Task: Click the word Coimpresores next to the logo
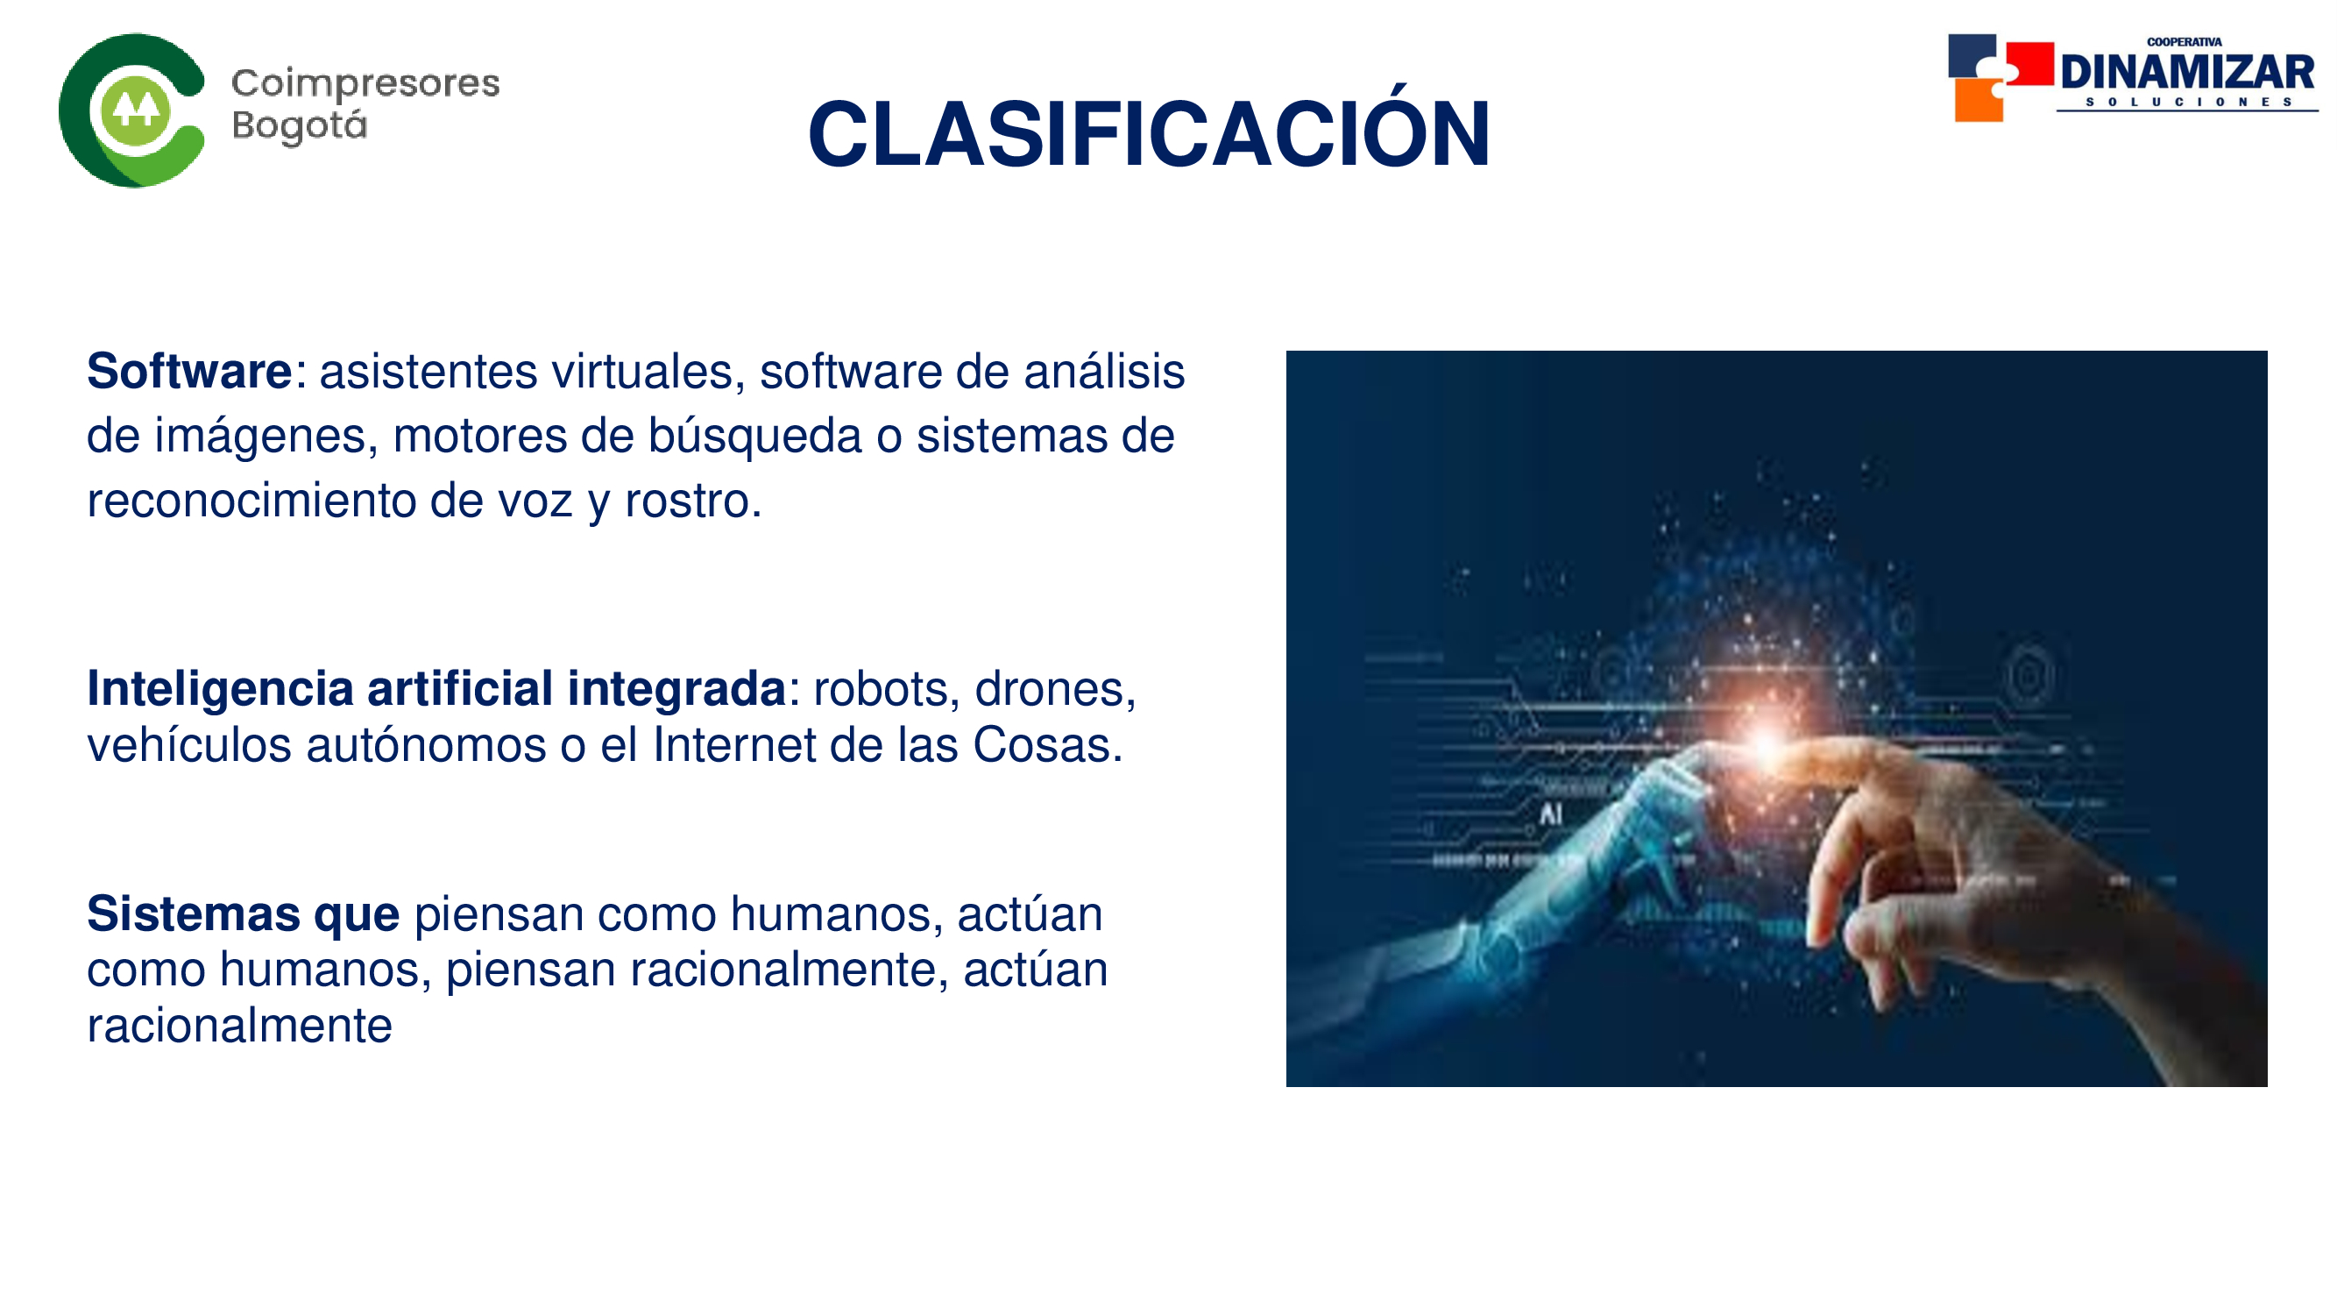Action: (x=365, y=84)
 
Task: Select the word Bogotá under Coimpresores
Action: (x=300, y=125)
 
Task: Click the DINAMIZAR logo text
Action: (x=2187, y=73)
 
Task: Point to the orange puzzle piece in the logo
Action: (x=1978, y=100)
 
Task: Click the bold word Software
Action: (x=188, y=371)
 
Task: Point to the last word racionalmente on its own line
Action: (x=239, y=1027)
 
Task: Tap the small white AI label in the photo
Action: (x=1550, y=814)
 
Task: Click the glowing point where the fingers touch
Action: (x=1767, y=744)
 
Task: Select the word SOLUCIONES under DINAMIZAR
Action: (x=2188, y=102)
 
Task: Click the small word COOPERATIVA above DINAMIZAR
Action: (x=2185, y=42)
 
